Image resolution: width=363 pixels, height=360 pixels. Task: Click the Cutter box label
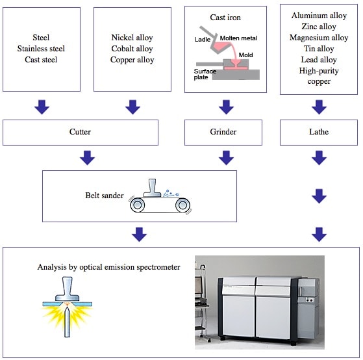tap(80, 132)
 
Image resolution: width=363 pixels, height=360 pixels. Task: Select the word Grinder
tap(223, 132)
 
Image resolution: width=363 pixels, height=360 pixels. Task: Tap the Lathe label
tap(319, 132)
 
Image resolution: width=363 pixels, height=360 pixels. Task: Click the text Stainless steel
tap(41, 49)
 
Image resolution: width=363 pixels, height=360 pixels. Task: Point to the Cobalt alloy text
tap(132, 49)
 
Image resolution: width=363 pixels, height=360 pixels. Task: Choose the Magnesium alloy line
tap(319, 38)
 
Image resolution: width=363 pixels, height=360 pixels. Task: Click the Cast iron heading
tap(225, 18)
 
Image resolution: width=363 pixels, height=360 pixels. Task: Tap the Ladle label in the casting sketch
tap(203, 40)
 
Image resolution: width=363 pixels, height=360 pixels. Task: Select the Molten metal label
tap(238, 38)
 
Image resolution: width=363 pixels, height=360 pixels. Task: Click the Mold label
tap(245, 55)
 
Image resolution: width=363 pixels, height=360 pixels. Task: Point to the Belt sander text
tap(105, 196)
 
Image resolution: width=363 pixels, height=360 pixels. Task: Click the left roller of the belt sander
tap(137, 205)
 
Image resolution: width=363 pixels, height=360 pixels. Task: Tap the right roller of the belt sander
tap(182, 205)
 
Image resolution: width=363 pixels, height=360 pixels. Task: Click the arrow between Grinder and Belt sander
tap(226, 158)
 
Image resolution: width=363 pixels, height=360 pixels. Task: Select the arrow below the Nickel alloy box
tap(132, 107)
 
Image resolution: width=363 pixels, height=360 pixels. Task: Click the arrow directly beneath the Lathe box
tap(319, 158)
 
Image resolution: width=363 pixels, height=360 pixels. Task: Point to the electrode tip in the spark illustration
tap(67, 307)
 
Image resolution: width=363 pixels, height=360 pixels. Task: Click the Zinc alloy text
tap(319, 27)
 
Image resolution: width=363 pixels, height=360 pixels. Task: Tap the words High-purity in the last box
tap(319, 71)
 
